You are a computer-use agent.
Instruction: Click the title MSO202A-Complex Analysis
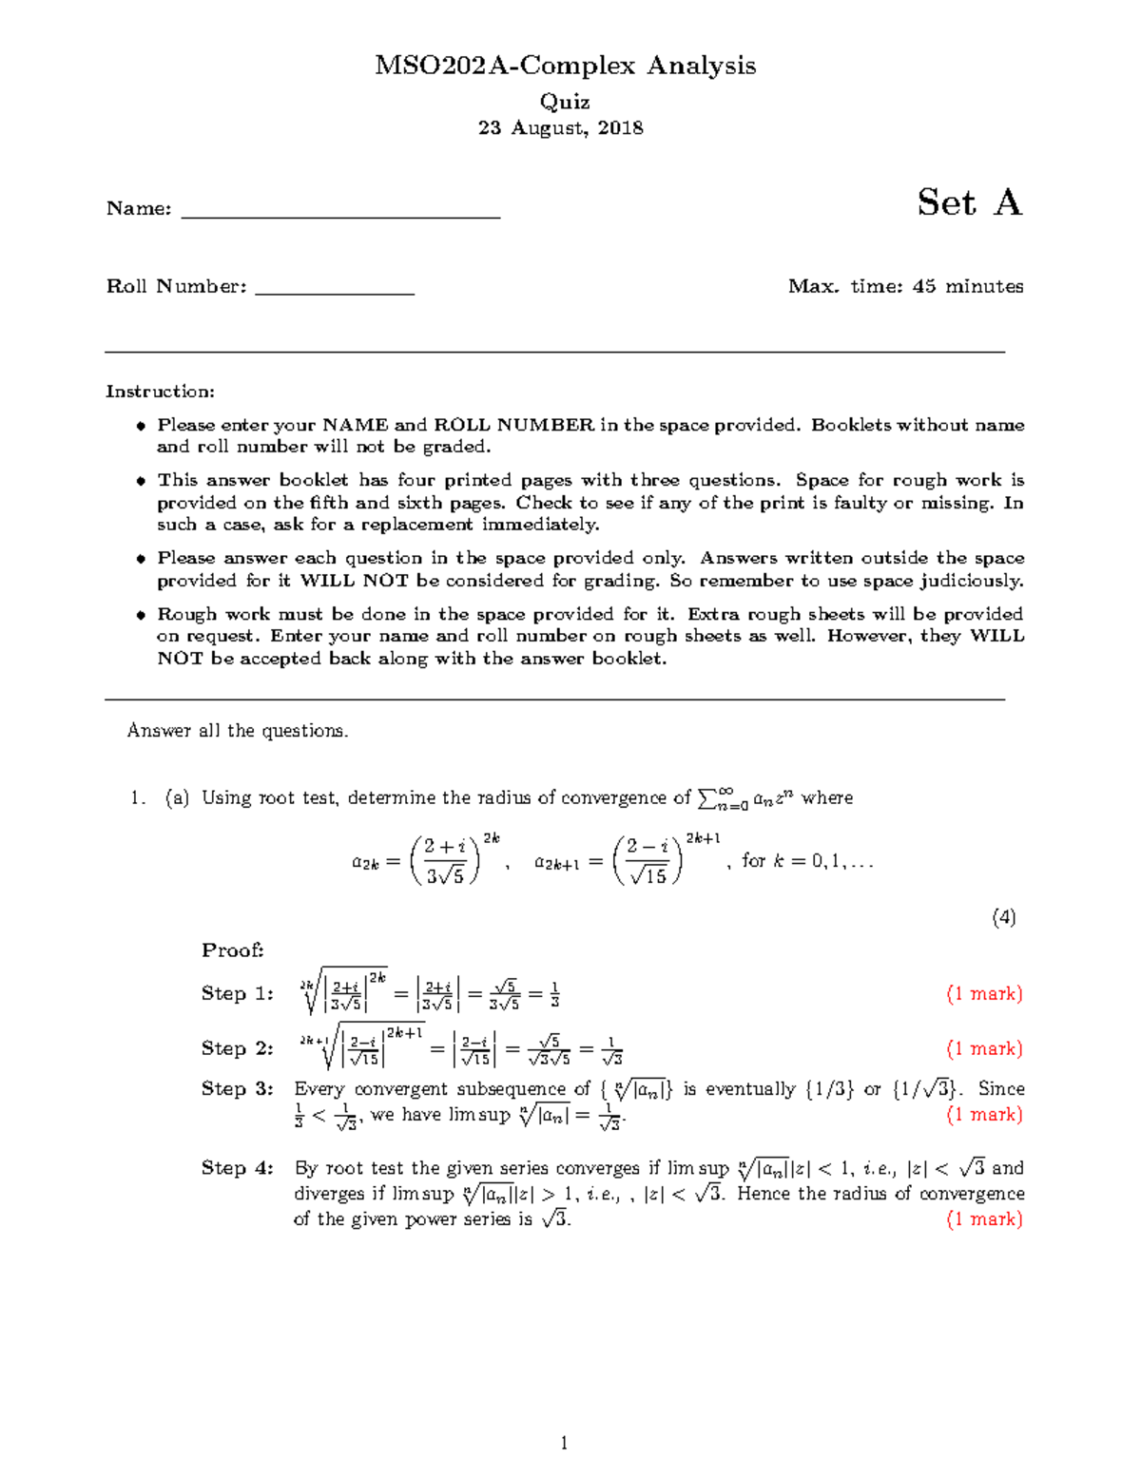coord(565,66)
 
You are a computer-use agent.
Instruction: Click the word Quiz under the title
coord(565,102)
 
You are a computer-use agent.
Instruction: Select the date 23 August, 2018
coord(560,127)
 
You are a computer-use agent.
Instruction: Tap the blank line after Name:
coord(340,211)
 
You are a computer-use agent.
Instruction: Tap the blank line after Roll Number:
coord(335,289)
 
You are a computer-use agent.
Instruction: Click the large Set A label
coord(969,202)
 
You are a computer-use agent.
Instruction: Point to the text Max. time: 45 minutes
coord(905,286)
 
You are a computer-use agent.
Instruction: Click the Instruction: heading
coord(160,392)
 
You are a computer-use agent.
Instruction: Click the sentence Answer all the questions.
coord(238,731)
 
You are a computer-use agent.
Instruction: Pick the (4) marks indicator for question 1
coord(1003,917)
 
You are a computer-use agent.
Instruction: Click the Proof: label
coord(232,950)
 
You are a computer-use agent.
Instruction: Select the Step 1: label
coord(237,993)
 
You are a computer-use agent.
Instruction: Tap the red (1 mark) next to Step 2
coord(984,1048)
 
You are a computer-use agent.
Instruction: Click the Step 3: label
coord(237,1089)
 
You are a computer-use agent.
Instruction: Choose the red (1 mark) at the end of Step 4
coord(984,1219)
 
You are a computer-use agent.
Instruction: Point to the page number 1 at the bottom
coord(564,1444)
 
